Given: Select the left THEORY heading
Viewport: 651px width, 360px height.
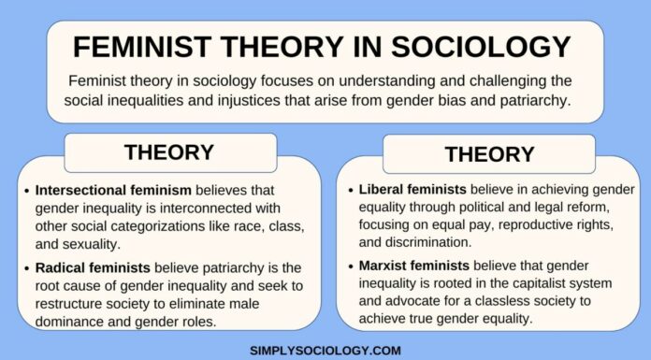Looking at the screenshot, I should (x=170, y=151).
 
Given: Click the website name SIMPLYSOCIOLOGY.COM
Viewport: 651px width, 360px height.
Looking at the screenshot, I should (x=325, y=350).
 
